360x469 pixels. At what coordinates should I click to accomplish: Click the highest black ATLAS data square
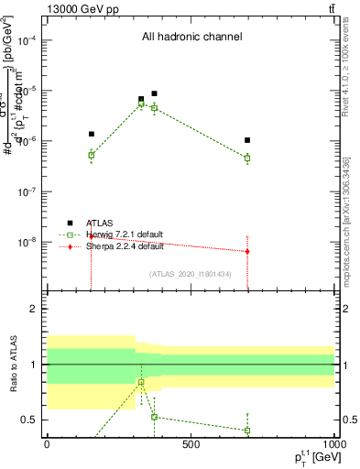tap(155, 93)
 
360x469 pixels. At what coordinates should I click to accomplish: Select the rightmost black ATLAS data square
tap(247, 140)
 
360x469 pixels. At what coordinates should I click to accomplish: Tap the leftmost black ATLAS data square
tap(92, 134)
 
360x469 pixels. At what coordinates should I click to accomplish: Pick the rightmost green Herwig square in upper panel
tap(247, 158)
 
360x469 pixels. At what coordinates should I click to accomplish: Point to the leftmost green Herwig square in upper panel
tap(92, 155)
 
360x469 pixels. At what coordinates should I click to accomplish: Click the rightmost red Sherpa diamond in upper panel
tap(247, 251)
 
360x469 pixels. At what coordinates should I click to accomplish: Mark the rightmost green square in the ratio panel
tap(247, 431)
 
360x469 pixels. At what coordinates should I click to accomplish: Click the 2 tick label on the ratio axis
tap(34, 309)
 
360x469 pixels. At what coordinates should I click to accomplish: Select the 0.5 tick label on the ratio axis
tap(29, 420)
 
